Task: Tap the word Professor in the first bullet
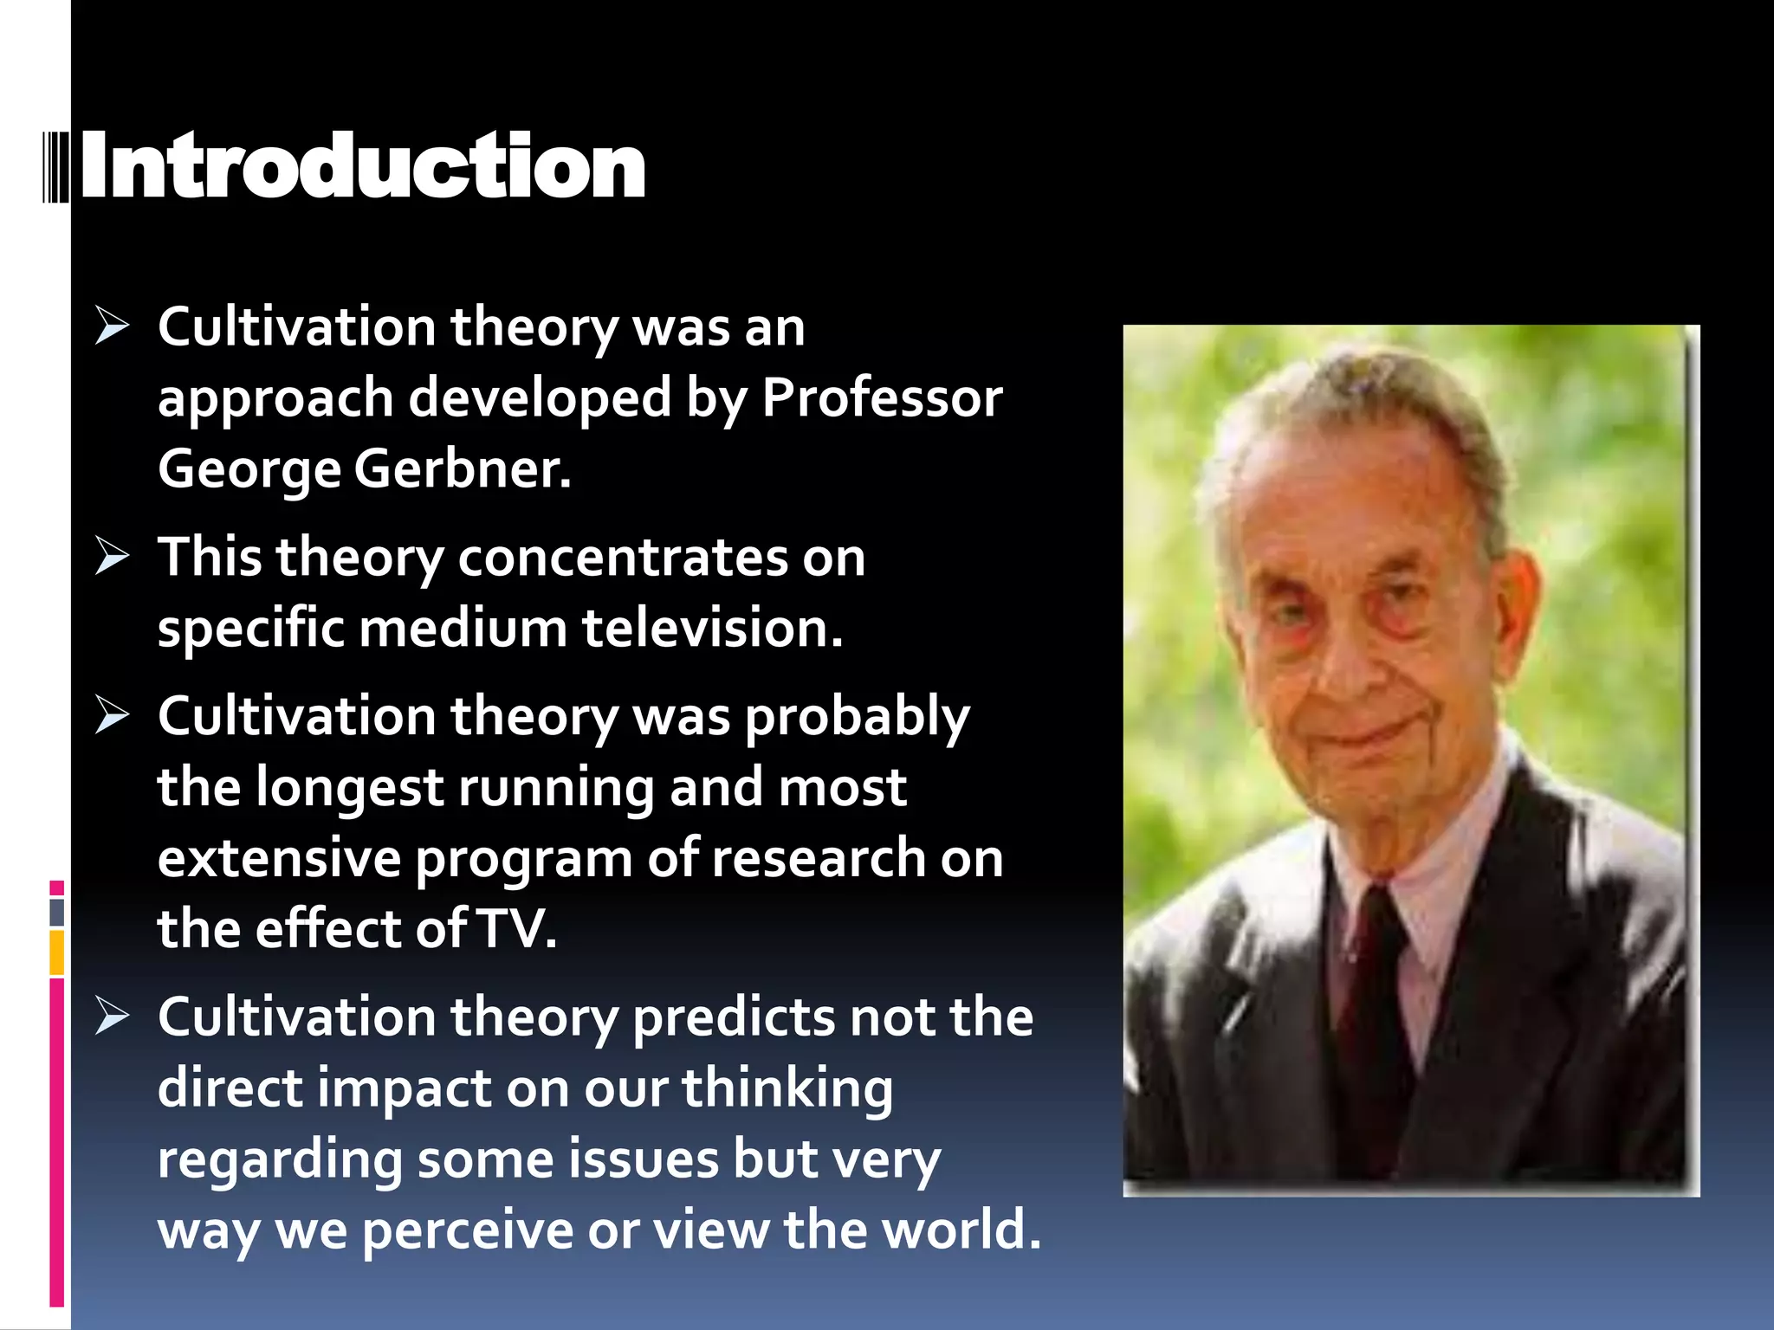881,398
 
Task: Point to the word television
711,628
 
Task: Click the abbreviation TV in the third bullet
517,929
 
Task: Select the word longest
349,789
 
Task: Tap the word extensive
279,859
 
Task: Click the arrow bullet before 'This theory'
113,556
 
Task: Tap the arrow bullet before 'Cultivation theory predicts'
113,1016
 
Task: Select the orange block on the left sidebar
57,952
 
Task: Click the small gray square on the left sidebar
57,912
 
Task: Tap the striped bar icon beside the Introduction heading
56,166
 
